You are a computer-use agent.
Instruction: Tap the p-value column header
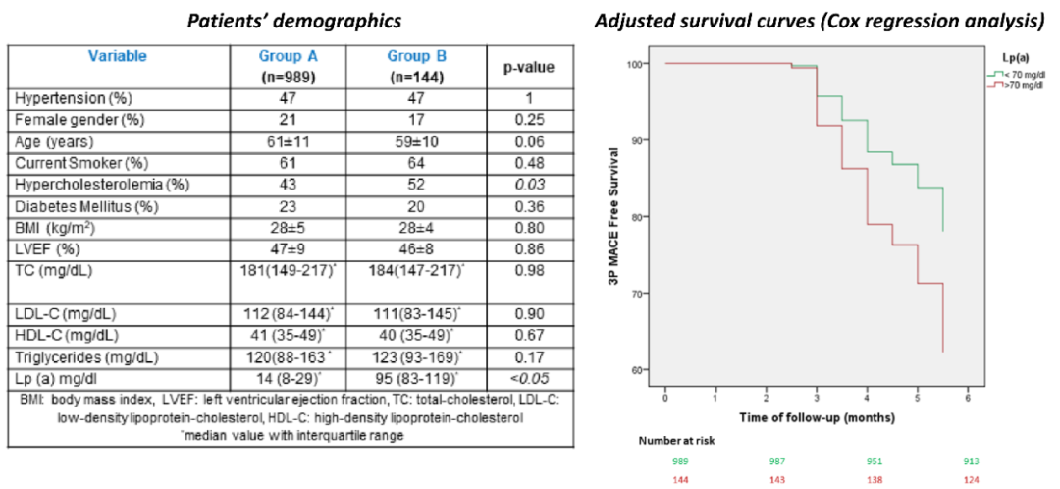coord(528,68)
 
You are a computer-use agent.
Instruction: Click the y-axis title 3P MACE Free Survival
coord(615,216)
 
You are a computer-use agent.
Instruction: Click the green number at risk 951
coord(869,462)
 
